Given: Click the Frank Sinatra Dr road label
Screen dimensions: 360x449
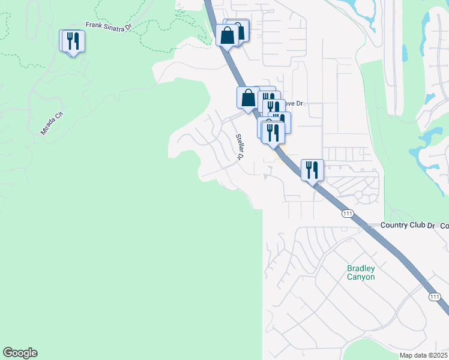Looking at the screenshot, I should tap(107, 26).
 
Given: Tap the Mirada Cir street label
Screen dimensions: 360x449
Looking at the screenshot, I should tap(53, 123).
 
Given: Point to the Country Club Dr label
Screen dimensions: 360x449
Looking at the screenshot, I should tap(408, 225).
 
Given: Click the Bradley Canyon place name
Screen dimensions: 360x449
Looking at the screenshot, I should tap(361, 273).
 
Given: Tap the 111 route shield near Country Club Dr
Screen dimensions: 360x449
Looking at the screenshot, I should tap(347, 214).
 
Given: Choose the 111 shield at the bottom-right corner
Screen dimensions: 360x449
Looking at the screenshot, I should tap(435, 297).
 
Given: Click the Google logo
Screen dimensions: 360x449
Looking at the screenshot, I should tap(20, 353).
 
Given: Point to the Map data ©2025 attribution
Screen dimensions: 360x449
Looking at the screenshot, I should tap(424, 355).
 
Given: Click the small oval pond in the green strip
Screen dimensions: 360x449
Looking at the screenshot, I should tap(404, 53).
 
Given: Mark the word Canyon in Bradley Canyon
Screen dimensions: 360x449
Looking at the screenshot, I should tap(361, 277).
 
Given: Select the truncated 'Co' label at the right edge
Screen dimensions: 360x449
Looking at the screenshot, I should tap(444, 225).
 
